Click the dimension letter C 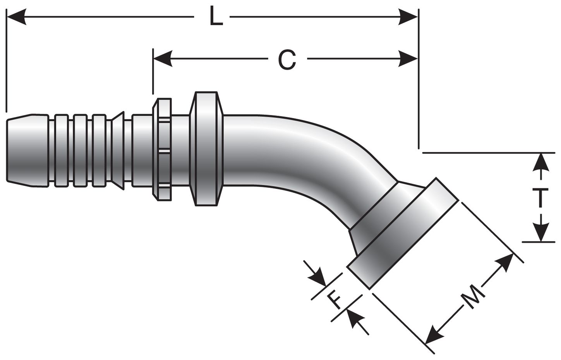pyautogui.click(x=287, y=60)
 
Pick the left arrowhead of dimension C pyautogui.click(x=163, y=59)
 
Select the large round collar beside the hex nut pyautogui.click(x=207, y=149)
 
